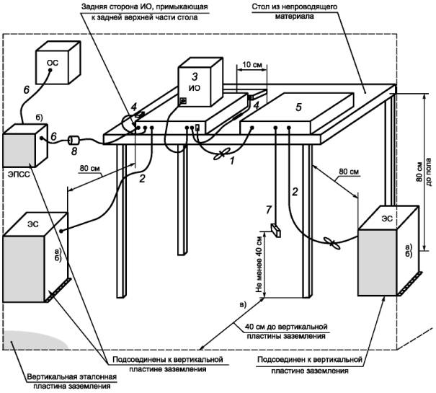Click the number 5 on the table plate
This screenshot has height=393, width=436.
click(300, 105)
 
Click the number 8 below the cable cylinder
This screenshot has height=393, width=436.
click(73, 151)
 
